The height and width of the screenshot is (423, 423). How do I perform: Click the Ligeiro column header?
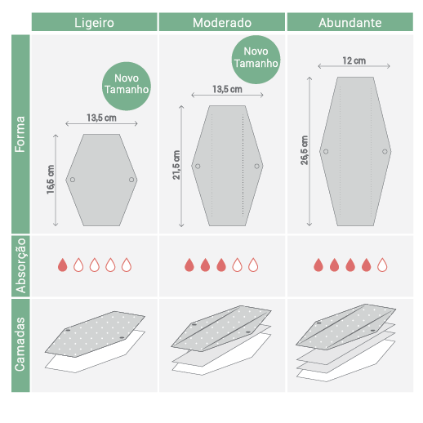click(94, 23)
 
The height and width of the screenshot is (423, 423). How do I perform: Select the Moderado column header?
click(222, 23)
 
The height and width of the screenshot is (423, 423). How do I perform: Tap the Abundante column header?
click(350, 23)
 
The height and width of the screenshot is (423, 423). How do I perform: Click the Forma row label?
click(20, 134)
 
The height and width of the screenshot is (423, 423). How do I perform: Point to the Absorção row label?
click(20, 265)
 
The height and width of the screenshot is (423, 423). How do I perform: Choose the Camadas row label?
click(20, 345)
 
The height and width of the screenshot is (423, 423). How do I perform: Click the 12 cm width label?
click(354, 60)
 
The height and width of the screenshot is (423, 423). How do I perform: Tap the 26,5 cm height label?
click(305, 150)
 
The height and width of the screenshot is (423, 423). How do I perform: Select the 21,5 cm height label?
click(176, 165)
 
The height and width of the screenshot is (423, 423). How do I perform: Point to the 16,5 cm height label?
click(51, 180)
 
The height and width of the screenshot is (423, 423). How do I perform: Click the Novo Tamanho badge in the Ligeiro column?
click(127, 86)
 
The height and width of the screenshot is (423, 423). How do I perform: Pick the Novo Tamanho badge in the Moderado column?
click(256, 60)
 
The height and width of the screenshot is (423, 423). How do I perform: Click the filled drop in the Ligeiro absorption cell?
click(63, 265)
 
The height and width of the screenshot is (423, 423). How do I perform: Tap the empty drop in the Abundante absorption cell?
click(382, 265)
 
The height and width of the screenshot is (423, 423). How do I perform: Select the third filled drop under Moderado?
click(221, 265)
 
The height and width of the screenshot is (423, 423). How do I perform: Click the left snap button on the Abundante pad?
click(326, 152)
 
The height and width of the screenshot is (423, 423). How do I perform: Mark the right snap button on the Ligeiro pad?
click(131, 180)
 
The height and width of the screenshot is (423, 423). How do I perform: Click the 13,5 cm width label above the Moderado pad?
click(227, 89)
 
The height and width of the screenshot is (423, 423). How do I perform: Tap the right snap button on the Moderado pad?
click(256, 166)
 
